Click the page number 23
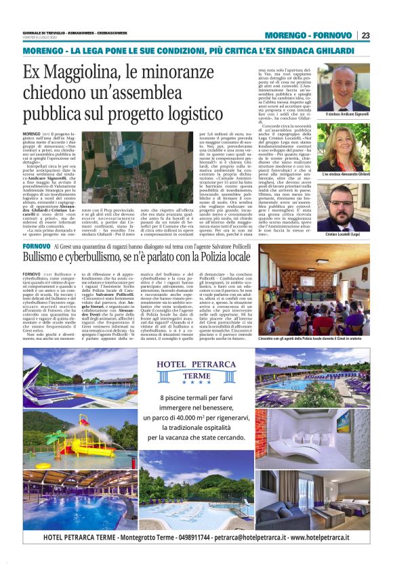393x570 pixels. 365,35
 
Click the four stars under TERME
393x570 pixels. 196,385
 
